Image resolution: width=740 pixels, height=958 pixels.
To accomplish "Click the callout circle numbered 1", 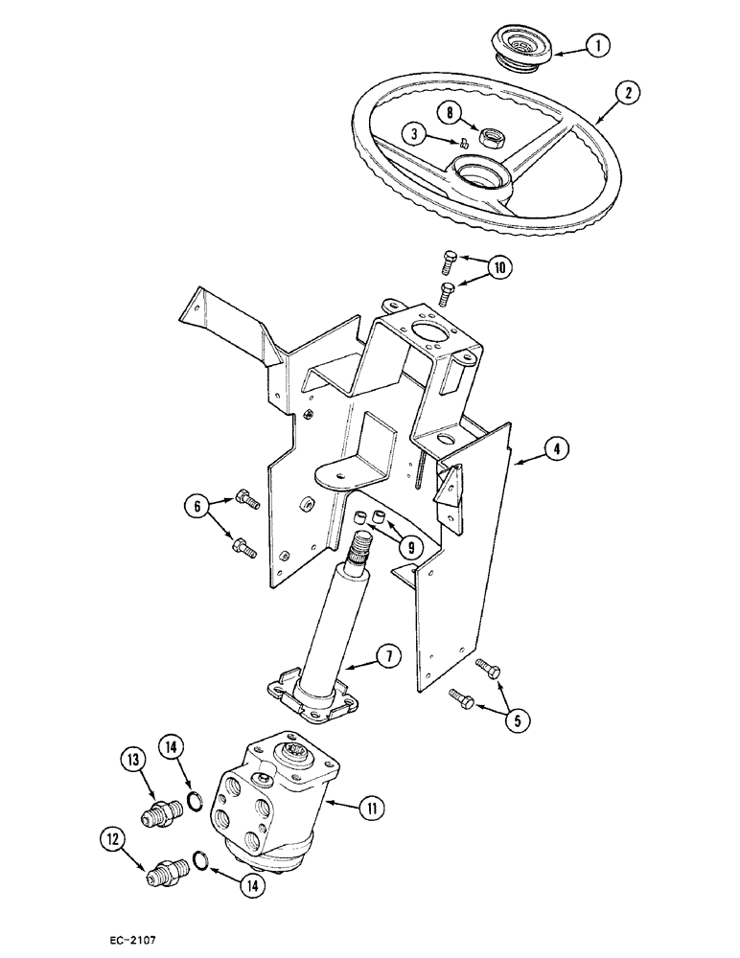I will click(597, 43).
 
